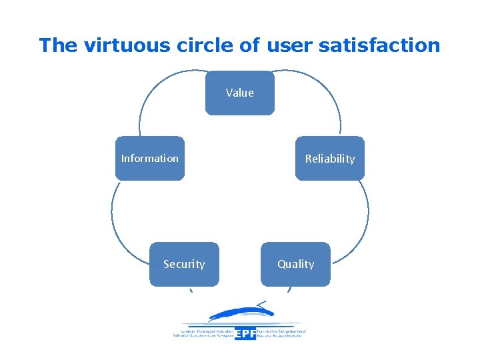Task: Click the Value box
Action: tap(240, 93)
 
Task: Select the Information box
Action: tap(150, 159)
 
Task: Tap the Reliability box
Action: tap(330, 159)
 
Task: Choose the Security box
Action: tap(184, 264)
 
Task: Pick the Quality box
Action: tap(295, 264)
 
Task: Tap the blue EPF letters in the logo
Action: tap(245, 333)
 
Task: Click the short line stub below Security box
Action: tap(191, 289)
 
